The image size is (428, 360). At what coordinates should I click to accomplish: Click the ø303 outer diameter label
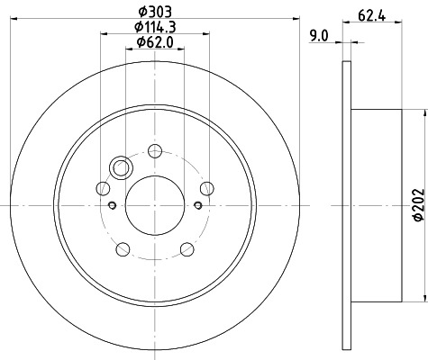click(x=154, y=10)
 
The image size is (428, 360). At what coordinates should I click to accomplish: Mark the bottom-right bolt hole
click(x=186, y=247)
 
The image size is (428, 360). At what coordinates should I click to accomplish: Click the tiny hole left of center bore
click(x=112, y=205)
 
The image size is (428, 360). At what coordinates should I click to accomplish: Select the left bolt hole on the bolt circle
click(x=103, y=188)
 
